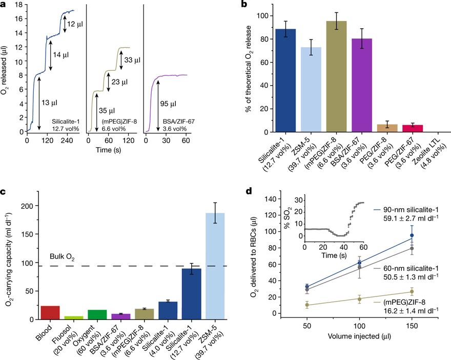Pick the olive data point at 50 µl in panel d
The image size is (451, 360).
[307, 305]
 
